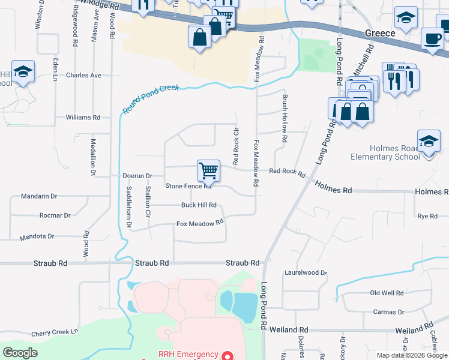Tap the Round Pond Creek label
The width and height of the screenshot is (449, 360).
pos(151,99)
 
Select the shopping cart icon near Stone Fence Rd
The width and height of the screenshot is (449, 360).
pos(208,170)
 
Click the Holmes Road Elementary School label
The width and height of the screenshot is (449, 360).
pos(385,152)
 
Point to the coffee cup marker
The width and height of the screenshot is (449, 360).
pos(432,40)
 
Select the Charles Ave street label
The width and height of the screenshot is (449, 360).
pos(84,76)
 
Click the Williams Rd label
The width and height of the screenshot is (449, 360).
pos(83,118)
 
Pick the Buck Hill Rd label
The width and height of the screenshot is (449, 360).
pos(199,205)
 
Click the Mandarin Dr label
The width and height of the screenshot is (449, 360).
pos(38,196)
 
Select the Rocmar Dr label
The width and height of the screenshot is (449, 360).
pos(54,215)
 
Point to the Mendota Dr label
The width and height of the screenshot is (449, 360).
pos(37,236)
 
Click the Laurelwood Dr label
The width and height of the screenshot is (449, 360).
pos(306,272)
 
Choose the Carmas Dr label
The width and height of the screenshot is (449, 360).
pos(388,312)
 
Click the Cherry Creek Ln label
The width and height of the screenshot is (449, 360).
pos(55,332)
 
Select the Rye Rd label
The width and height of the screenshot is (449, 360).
pos(427,215)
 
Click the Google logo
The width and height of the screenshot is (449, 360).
pos(20,353)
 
